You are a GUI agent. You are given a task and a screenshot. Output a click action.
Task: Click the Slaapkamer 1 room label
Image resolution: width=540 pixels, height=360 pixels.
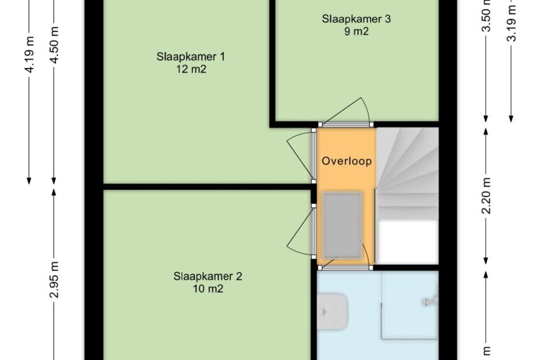point(191,57)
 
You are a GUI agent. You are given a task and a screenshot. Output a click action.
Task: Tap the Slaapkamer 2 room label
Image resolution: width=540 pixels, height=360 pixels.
point(208,276)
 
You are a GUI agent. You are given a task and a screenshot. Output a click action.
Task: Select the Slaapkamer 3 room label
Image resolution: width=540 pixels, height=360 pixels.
point(356,18)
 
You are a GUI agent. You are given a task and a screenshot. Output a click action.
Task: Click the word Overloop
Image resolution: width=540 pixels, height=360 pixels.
point(347,161)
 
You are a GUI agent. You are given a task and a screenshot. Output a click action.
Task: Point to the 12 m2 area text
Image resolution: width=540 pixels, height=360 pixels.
point(191,69)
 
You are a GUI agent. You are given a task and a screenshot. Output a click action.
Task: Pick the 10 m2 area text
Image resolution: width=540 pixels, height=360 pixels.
point(208,288)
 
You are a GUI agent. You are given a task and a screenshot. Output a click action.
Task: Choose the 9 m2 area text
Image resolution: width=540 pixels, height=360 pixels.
point(356,31)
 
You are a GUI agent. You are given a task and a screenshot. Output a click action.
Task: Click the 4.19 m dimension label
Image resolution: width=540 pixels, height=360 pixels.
point(29,54)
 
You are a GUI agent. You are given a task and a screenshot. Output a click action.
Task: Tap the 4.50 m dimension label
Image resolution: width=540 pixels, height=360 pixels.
point(54,44)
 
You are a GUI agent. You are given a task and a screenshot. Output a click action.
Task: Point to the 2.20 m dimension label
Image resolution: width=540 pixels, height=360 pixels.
point(486,196)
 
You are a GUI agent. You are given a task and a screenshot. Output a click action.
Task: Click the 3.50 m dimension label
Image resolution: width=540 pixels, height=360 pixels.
point(486,16)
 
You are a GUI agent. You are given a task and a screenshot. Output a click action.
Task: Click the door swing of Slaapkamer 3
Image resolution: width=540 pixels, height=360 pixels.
point(345,112)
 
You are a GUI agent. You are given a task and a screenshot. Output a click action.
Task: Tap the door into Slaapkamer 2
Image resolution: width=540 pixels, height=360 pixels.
point(300,232)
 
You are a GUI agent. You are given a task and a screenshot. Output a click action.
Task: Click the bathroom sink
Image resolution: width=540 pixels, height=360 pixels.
point(332,311)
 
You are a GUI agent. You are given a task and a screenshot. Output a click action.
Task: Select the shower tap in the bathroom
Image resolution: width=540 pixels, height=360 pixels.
point(430,301)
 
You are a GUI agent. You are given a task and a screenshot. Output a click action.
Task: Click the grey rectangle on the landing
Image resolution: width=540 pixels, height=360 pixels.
point(343,225)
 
